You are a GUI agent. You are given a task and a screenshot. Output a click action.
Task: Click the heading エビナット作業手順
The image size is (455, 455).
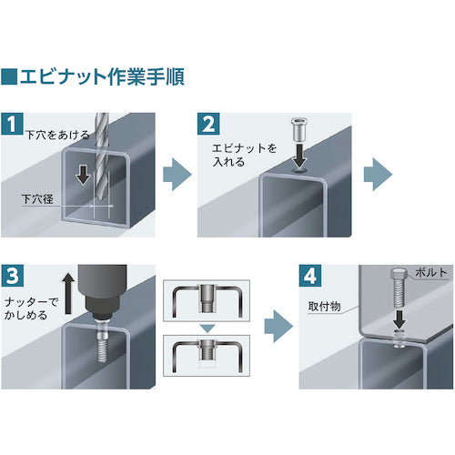[x=101, y=76]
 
